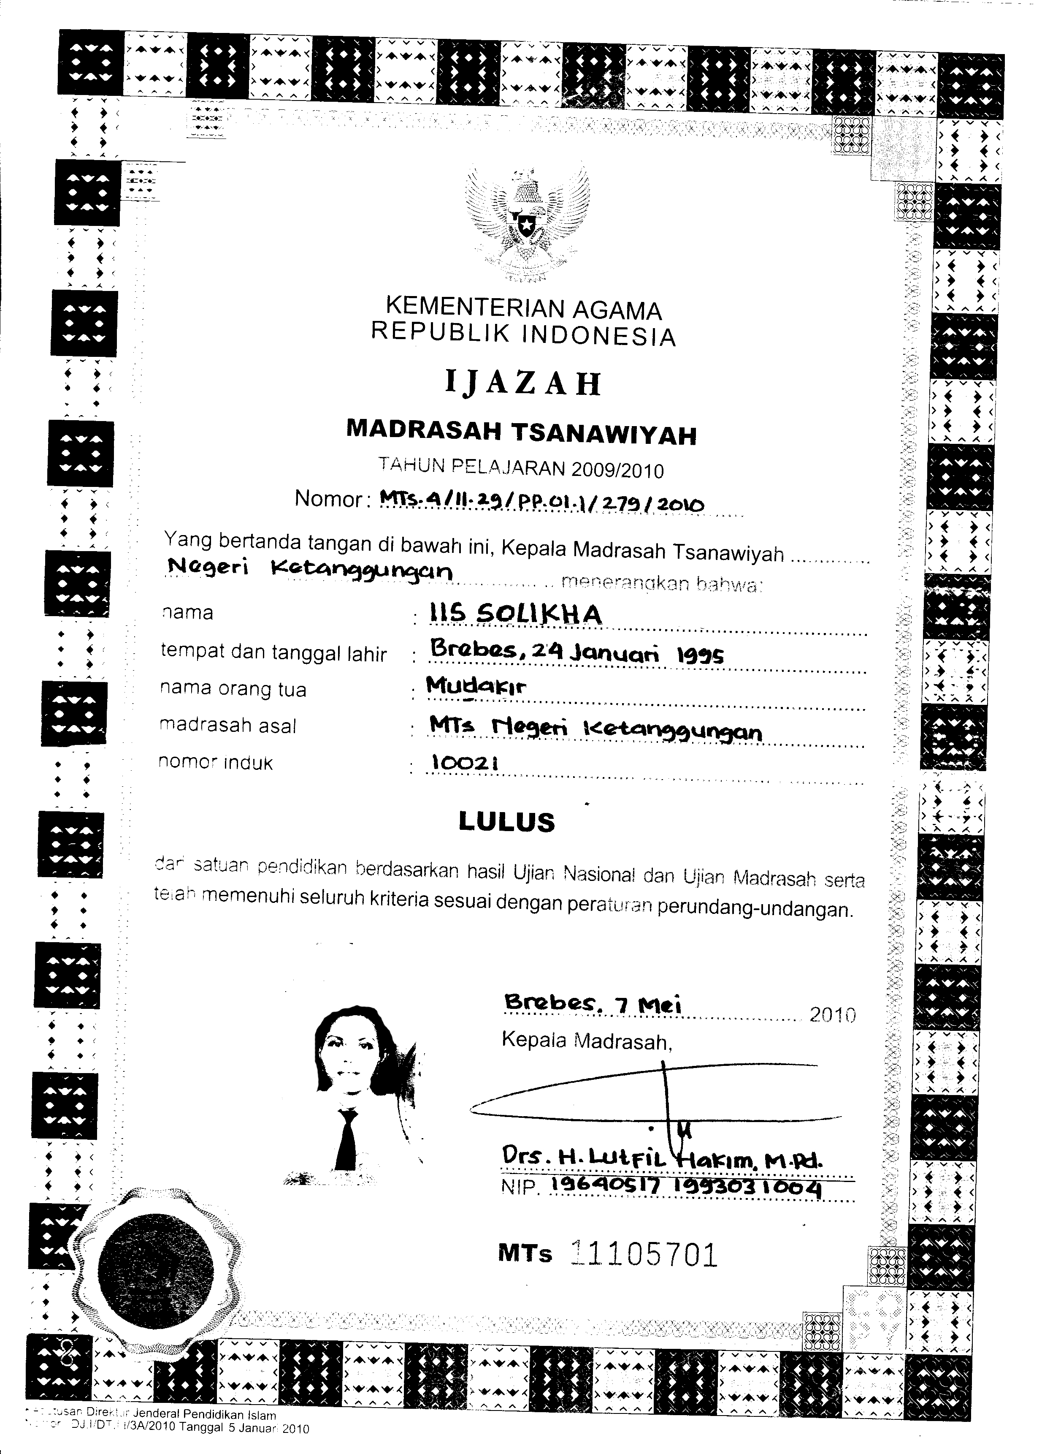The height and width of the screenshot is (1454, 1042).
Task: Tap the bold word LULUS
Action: pos(506,822)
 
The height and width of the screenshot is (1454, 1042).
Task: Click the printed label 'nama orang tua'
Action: pos(233,688)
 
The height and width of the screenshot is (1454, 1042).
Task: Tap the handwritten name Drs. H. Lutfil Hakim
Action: pos(660,1159)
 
